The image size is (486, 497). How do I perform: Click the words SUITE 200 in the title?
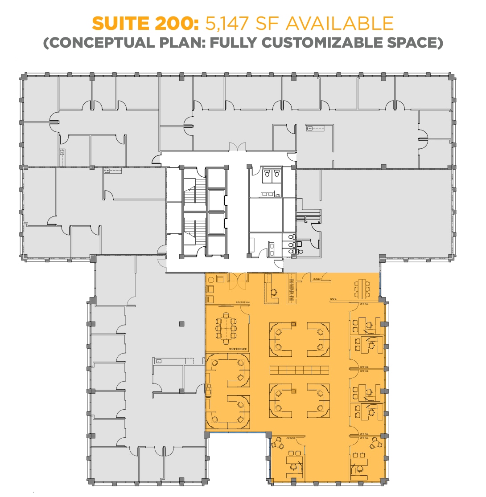pyautogui.click(x=144, y=23)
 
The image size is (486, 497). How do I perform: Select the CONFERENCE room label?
pyautogui.click(x=238, y=349)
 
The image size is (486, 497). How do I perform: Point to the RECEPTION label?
pyautogui.click(x=243, y=303)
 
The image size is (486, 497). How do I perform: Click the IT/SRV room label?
pyautogui.click(x=317, y=279)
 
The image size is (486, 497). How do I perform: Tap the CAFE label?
pyautogui.click(x=333, y=299)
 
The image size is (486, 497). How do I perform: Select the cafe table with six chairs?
pyautogui.click(x=362, y=288)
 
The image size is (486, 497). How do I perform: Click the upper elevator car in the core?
pyautogui.click(x=217, y=200)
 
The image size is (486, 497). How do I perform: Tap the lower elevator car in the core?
pyautogui.click(x=217, y=223)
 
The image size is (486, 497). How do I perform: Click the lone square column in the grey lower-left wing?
pyautogui.click(x=181, y=324)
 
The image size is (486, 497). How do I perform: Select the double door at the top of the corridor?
pyautogui.click(x=237, y=146)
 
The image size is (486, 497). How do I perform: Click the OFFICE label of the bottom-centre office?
pyautogui.click(x=291, y=438)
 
